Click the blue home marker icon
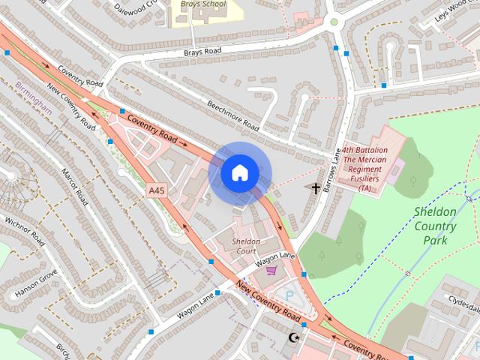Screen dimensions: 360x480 point(240,173)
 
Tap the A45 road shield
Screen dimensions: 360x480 point(157,191)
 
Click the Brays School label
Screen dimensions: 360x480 point(203,4)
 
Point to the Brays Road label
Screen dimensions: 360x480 point(202,52)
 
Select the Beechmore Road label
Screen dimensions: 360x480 point(233,115)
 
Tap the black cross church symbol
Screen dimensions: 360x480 point(316,189)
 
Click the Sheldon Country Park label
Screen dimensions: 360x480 point(435,226)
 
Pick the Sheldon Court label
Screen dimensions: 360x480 point(246,246)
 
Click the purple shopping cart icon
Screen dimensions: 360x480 point(271,270)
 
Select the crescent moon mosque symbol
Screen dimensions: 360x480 point(292,338)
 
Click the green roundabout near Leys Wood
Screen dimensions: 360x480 point(334,22)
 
